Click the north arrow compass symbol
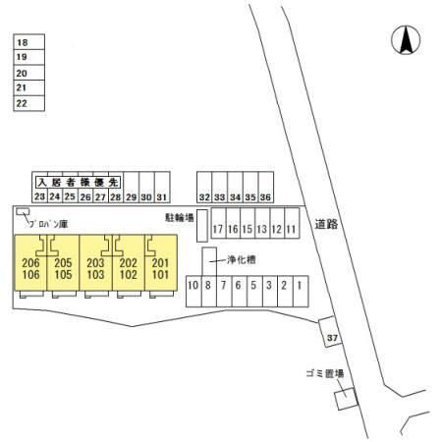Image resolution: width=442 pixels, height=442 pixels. [406, 40]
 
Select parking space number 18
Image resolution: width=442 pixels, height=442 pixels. [28, 42]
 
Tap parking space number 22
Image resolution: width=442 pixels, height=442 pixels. [28, 103]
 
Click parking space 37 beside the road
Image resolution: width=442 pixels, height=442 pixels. [330, 331]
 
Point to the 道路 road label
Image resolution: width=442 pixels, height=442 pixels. [326, 224]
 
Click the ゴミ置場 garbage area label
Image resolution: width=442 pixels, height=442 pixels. [325, 373]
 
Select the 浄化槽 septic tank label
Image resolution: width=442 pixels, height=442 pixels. [242, 260]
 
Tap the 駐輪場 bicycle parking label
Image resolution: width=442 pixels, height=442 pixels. [180, 218]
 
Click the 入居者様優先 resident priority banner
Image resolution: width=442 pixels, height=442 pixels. [78, 183]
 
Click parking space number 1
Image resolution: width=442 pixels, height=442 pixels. [301, 292]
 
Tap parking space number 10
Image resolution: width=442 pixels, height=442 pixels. [193, 292]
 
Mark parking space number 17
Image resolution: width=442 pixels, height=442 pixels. [218, 223]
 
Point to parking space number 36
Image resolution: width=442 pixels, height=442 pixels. [266, 188]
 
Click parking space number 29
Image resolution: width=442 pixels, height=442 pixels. [132, 188]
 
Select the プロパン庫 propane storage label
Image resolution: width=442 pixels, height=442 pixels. [48, 224]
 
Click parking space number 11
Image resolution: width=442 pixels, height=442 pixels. [292, 223]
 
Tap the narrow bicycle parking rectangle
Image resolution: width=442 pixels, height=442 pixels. [202, 226]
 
